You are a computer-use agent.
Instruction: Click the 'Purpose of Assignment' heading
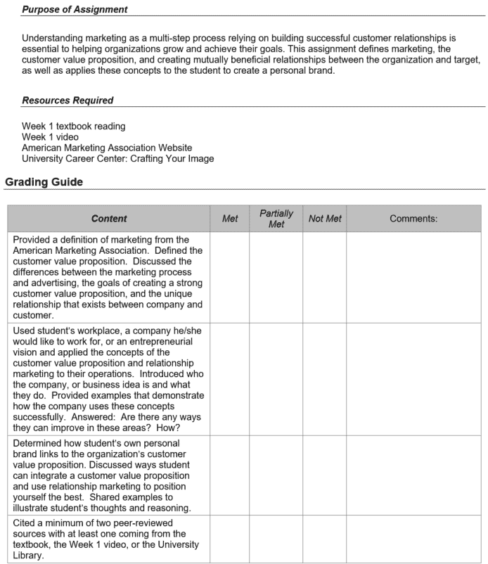pos(75,10)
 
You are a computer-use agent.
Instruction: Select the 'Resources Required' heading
pos(68,101)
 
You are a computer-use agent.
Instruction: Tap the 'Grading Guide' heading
pos(44,182)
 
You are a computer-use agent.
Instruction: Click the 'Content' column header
pos(109,219)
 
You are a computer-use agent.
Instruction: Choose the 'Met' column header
pos(230,219)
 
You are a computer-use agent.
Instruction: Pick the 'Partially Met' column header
pos(276,219)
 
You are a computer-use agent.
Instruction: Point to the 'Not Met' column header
pos(325,219)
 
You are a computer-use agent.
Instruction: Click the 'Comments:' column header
pos(413,219)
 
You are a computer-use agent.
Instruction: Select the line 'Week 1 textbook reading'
pos(74,127)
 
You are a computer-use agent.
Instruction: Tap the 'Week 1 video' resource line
pos(50,137)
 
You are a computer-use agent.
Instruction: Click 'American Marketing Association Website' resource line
pos(107,148)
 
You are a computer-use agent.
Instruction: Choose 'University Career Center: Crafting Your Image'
pos(118,158)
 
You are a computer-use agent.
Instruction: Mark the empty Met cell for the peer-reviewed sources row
pos(230,539)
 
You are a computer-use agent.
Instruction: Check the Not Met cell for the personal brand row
pos(325,478)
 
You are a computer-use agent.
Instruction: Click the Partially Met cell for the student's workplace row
pos(276,380)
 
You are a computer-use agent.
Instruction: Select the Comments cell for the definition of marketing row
pos(413,278)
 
